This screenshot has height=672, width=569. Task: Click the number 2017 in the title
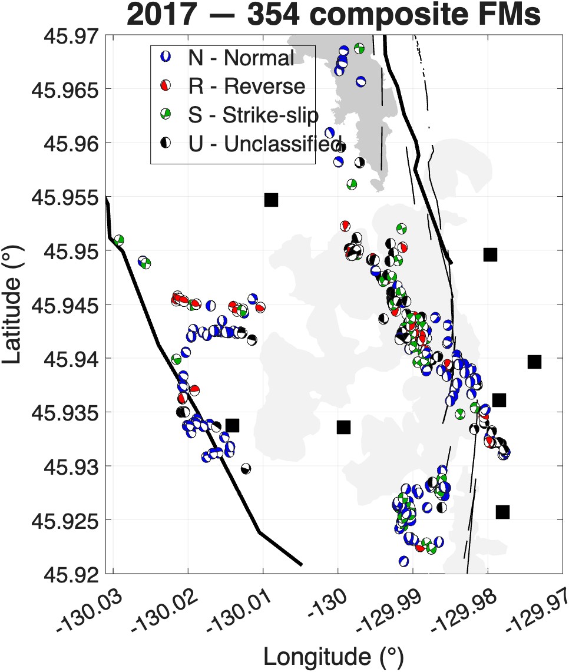click(x=161, y=15)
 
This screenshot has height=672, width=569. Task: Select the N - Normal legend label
click(x=241, y=58)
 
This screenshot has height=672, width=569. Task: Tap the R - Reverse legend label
click(x=247, y=87)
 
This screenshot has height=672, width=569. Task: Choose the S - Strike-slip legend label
click(x=253, y=115)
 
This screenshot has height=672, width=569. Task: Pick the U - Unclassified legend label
click(x=265, y=144)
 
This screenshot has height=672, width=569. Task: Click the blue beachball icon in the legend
click(x=165, y=57)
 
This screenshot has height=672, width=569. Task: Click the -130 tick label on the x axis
click(x=329, y=605)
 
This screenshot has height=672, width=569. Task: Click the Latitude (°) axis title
click(x=12, y=304)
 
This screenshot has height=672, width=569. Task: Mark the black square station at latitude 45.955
click(x=271, y=200)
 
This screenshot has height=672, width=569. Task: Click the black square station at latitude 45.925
click(x=502, y=512)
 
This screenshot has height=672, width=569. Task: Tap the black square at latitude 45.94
click(x=534, y=362)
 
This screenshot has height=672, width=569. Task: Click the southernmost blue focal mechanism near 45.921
click(x=403, y=561)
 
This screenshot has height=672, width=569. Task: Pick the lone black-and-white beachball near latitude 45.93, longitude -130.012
click(x=246, y=468)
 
